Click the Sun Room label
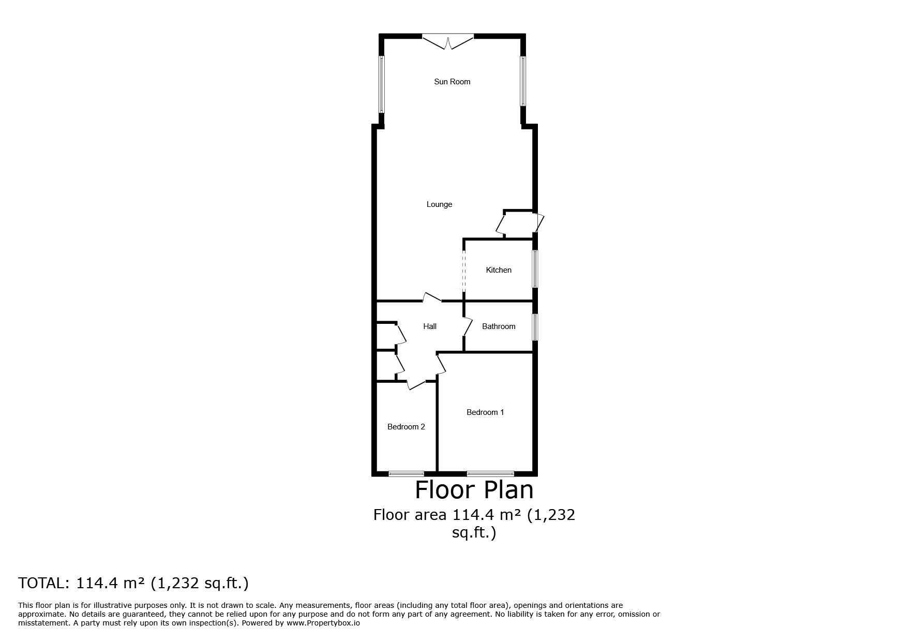(x=452, y=82)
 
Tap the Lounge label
(x=439, y=205)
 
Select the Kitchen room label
(x=499, y=270)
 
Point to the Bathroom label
(x=499, y=326)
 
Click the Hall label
(x=430, y=326)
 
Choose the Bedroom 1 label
(x=485, y=412)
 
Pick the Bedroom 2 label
(x=406, y=427)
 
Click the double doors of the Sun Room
(x=448, y=41)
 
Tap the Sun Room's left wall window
(x=382, y=84)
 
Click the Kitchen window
(x=535, y=269)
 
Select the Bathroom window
(x=535, y=327)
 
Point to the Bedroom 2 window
(x=407, y=473)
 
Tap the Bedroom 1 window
(x=490, y=473)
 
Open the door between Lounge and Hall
(x=432, y=297)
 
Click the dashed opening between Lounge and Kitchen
(x=464, y=270)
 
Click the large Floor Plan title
(x=474, y=489)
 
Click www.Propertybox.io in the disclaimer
(x=323, y=623)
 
